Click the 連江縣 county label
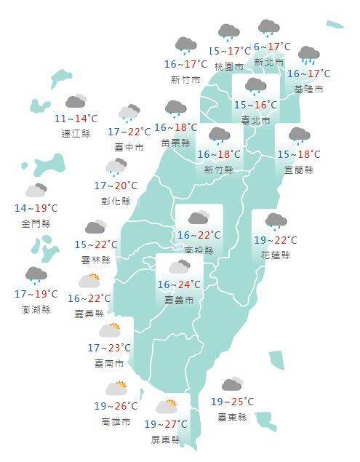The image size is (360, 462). (x=76, y=134)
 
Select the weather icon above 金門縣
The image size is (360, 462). (x=36, y=191)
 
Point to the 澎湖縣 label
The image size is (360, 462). (x=36, y=309)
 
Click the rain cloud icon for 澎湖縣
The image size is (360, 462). (x=36, y=276)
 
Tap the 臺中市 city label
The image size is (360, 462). (x=129, y=147)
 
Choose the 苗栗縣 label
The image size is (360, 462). (x=176, y=143)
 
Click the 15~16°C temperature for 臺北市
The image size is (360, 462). (x=255, y=105)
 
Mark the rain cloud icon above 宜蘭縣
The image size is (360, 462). (x=298, y=136)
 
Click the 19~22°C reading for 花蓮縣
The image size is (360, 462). (x=275, y=240)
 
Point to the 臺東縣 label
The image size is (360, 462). (x=232, y=417)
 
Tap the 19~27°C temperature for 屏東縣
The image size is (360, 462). (x=166, y=424)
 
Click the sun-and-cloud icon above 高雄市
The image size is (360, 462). (x=116, y=389)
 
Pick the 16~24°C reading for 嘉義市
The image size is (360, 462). (x=180, y=284)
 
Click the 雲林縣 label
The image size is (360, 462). (x=96, y=260)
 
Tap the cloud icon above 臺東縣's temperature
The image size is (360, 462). (x=233, y=384)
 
